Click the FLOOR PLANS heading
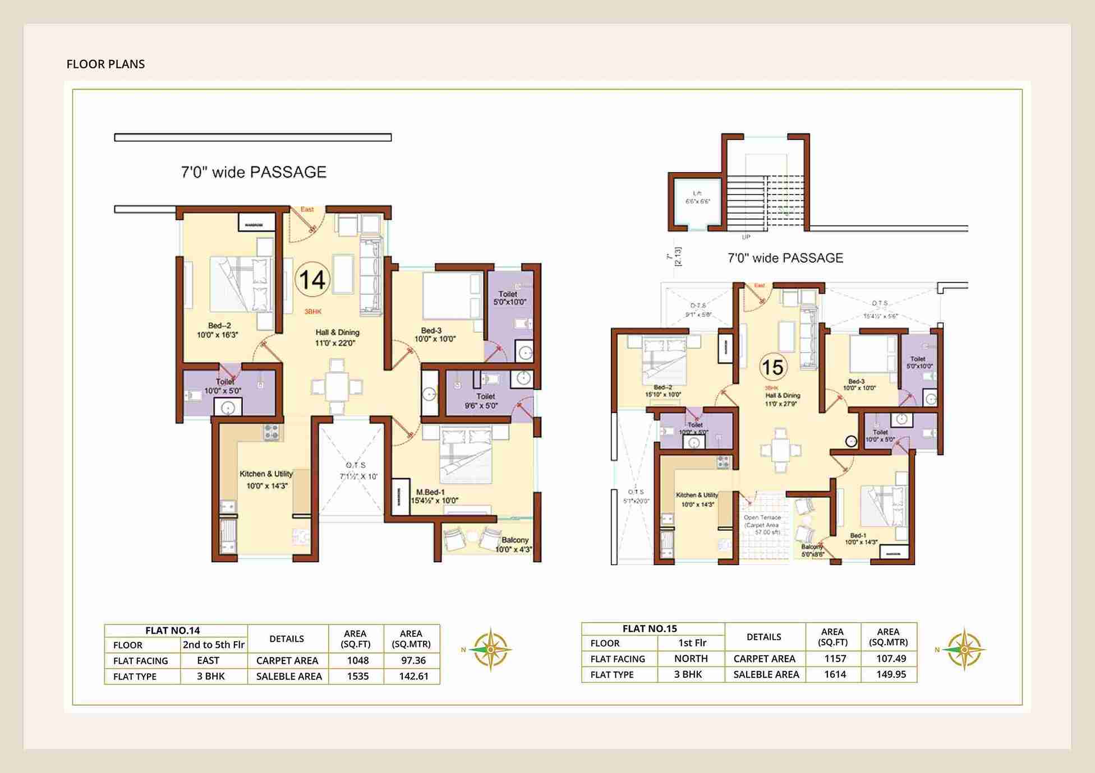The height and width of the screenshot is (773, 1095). point(105,64)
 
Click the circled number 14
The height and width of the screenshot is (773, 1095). point(312,280)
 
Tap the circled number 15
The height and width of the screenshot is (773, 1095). point(773,367)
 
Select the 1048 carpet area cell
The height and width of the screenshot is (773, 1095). point(357,660)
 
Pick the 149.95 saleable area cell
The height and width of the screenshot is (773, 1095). point(890,674)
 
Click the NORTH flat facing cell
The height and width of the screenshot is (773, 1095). point(691,659)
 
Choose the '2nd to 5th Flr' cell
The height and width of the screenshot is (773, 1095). point(214,645)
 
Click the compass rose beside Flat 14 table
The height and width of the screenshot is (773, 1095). point(490,649)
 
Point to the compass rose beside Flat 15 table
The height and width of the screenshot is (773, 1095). point(964,649)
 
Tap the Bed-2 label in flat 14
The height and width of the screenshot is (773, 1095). point(218,330)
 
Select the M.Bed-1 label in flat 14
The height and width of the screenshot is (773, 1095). point(434,496)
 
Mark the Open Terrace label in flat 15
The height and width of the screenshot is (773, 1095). point(762,525)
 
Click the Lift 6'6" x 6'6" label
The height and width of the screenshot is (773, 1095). point(697,197)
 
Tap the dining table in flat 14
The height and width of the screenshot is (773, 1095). point(337,386)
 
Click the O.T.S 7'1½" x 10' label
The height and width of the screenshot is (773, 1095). point(357,471)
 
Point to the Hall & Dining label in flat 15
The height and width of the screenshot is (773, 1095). point(783,399)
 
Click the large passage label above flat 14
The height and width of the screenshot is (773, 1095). point(254,172)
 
